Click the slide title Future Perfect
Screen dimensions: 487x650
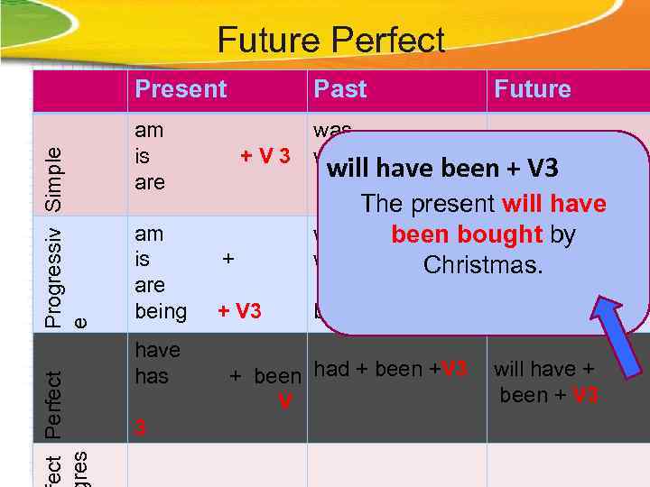tap(330, 41)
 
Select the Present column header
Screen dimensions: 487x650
tap(181, 89)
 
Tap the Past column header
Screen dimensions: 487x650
tap(339, 89)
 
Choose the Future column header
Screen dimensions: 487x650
tap(533, 89)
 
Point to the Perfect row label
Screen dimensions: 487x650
tap(53, 405)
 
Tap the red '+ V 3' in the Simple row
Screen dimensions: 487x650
tap(265, 156)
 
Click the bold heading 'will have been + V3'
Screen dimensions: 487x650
tap(442, 169)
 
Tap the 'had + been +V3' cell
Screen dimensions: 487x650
tap(390, 369)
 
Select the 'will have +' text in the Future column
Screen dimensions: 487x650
tap(543, 369)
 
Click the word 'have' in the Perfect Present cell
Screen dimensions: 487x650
tap(157, 351)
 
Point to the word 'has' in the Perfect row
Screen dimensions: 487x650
tap(152, 376)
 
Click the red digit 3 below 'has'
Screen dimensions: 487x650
tap(140, 427)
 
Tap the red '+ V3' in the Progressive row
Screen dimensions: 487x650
tap(239, 312)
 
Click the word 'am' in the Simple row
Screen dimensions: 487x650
tap(149, 130)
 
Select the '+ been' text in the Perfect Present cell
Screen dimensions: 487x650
tap(265, 376)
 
